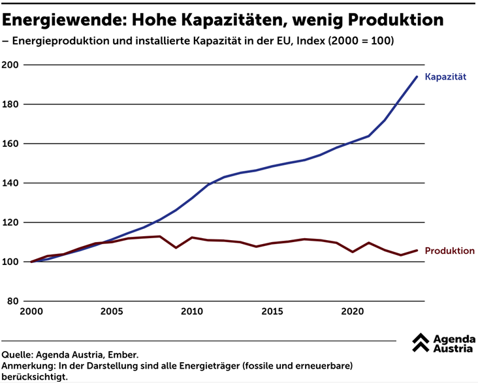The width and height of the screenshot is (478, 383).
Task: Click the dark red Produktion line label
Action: pyautogui.click(x=449, y=251)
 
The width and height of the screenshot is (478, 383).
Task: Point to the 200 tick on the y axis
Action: pyautogui.click(x=11, y=65)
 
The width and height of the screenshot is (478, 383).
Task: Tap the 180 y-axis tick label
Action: pyautogui.click(x=11, y=104)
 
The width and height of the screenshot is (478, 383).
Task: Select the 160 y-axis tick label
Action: pyautogui.click(x=11, y=144)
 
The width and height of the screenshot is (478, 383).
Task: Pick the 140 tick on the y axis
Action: pyautogui.click(x=11, y=183)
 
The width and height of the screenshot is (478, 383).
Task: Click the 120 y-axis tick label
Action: pyautogui.click(x=11, y=222)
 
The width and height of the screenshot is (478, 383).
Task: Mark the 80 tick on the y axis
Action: pyautogui.click(x=13, y=301)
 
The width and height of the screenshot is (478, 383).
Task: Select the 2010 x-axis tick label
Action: pyautogui.click(x=192, y=311)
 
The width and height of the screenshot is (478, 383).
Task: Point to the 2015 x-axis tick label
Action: pyautogui.click(x=272, y=311)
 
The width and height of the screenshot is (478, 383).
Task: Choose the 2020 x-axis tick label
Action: pyautogui.click(x=353, y=311)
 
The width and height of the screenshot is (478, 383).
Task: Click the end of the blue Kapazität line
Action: pyautogui.click(x=417, y=76)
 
